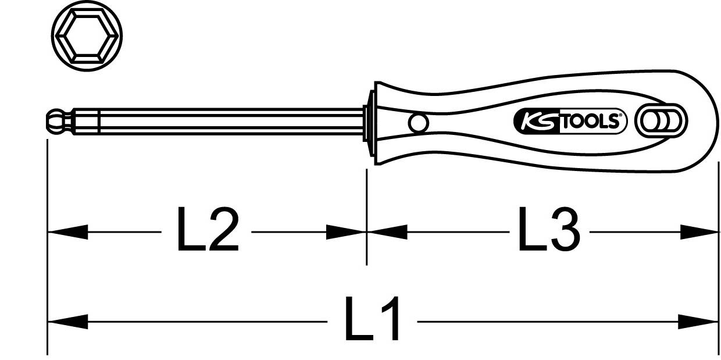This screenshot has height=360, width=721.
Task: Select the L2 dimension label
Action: [x=207, y=231]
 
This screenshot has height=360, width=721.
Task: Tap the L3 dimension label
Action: [x=548, y=231]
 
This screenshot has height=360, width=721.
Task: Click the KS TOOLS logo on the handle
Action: [x=570, y=121]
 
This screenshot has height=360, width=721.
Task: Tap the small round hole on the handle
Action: [x=417, y=123]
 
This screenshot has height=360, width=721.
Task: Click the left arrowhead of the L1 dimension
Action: [x=67, y=320]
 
